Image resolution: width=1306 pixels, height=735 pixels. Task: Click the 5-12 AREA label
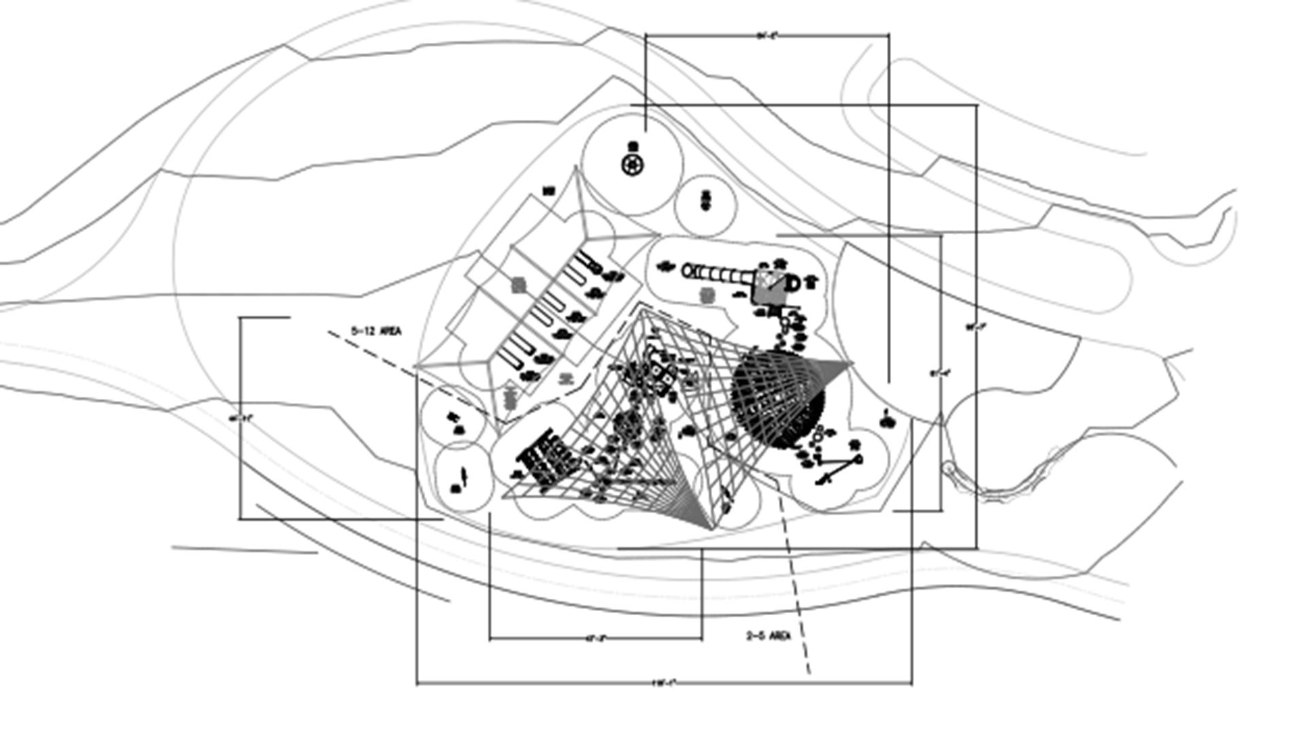point(376,331)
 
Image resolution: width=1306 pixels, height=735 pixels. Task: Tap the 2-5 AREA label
point(769,636)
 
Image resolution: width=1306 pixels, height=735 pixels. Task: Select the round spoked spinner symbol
point(633,164)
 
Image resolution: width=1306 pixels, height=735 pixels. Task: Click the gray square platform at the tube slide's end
point(769,287)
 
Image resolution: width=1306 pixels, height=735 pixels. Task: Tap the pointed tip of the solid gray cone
point(850,364)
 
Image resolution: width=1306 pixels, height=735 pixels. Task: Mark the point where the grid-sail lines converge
point(712,528)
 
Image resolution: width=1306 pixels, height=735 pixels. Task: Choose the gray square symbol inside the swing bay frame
point(519,284)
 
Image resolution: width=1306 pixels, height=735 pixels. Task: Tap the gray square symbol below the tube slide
point(707,295)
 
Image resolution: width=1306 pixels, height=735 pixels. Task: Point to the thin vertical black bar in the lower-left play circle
point(465,476)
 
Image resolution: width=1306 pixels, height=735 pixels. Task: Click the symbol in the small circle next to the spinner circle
point(705,200)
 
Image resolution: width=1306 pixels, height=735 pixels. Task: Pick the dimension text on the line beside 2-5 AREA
point(595,638)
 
